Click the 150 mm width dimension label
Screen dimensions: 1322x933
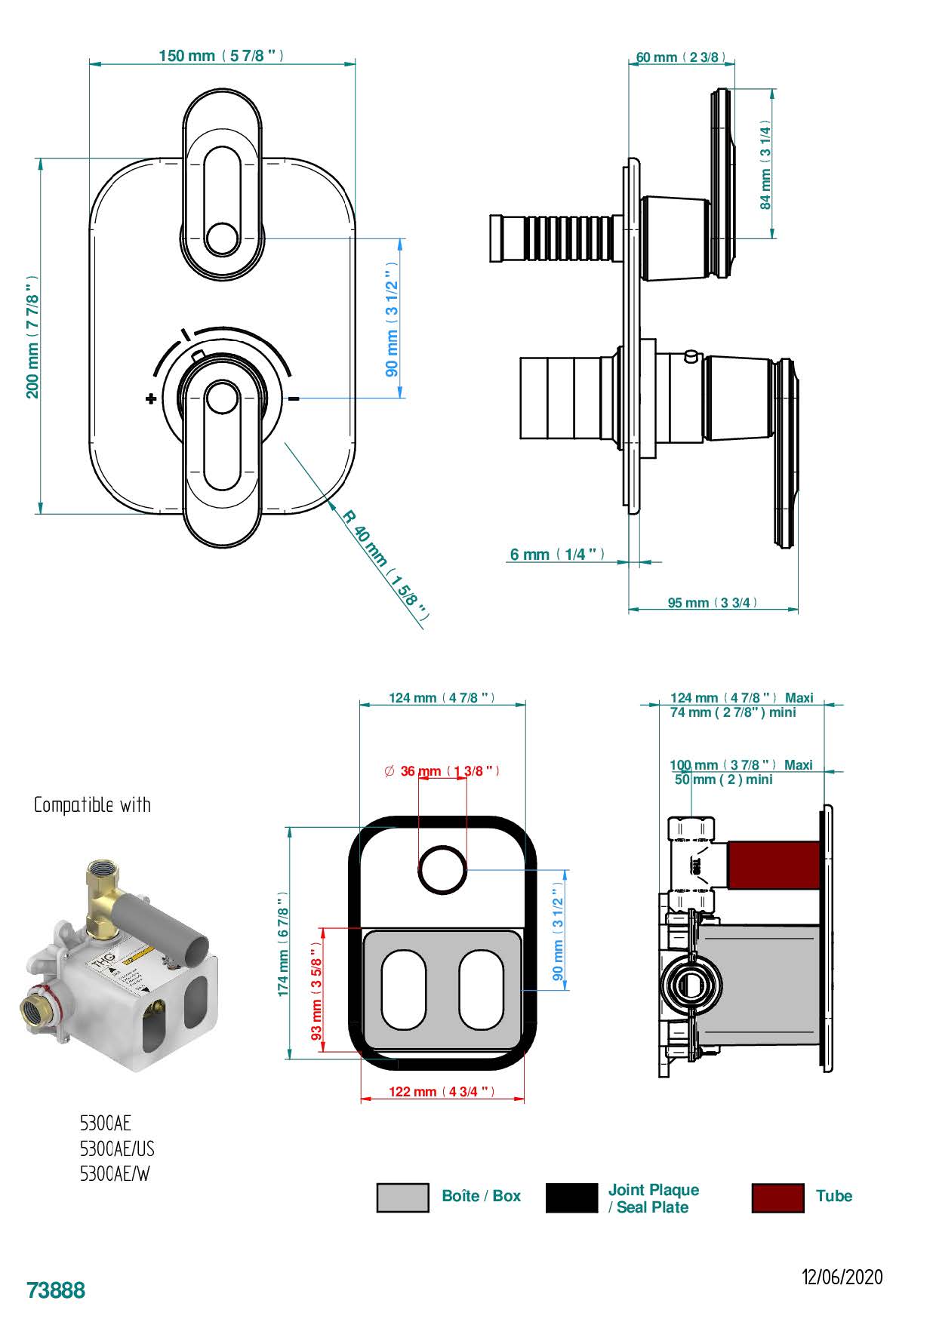click(x=221, y=56)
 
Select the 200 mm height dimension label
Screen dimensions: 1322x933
click(x=32, y=337)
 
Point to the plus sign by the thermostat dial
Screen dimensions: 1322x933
click(x=151, y=398)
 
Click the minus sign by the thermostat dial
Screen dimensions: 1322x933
click(x=294, y=398)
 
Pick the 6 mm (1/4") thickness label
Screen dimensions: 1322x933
click(x=557, y=555)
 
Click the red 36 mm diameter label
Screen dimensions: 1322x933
click(x=442, y=771)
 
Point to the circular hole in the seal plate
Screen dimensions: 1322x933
click(x=443, y=869)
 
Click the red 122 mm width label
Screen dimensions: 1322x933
click(x=442, y=1092)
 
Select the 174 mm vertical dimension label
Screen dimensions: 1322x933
click(x=284, y=943)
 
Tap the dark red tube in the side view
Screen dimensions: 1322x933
click(x=773, y=865)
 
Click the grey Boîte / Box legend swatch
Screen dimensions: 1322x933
click(x=402, y=1197)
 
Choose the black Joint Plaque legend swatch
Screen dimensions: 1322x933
click(x=571, y=1197)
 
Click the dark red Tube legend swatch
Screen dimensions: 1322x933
click(x=777, y=1197)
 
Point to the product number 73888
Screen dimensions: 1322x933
click(x=56, y=1290)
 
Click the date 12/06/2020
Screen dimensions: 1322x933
click(x=842, y=1277)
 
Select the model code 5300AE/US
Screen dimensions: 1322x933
click(x=117, y=1148)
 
